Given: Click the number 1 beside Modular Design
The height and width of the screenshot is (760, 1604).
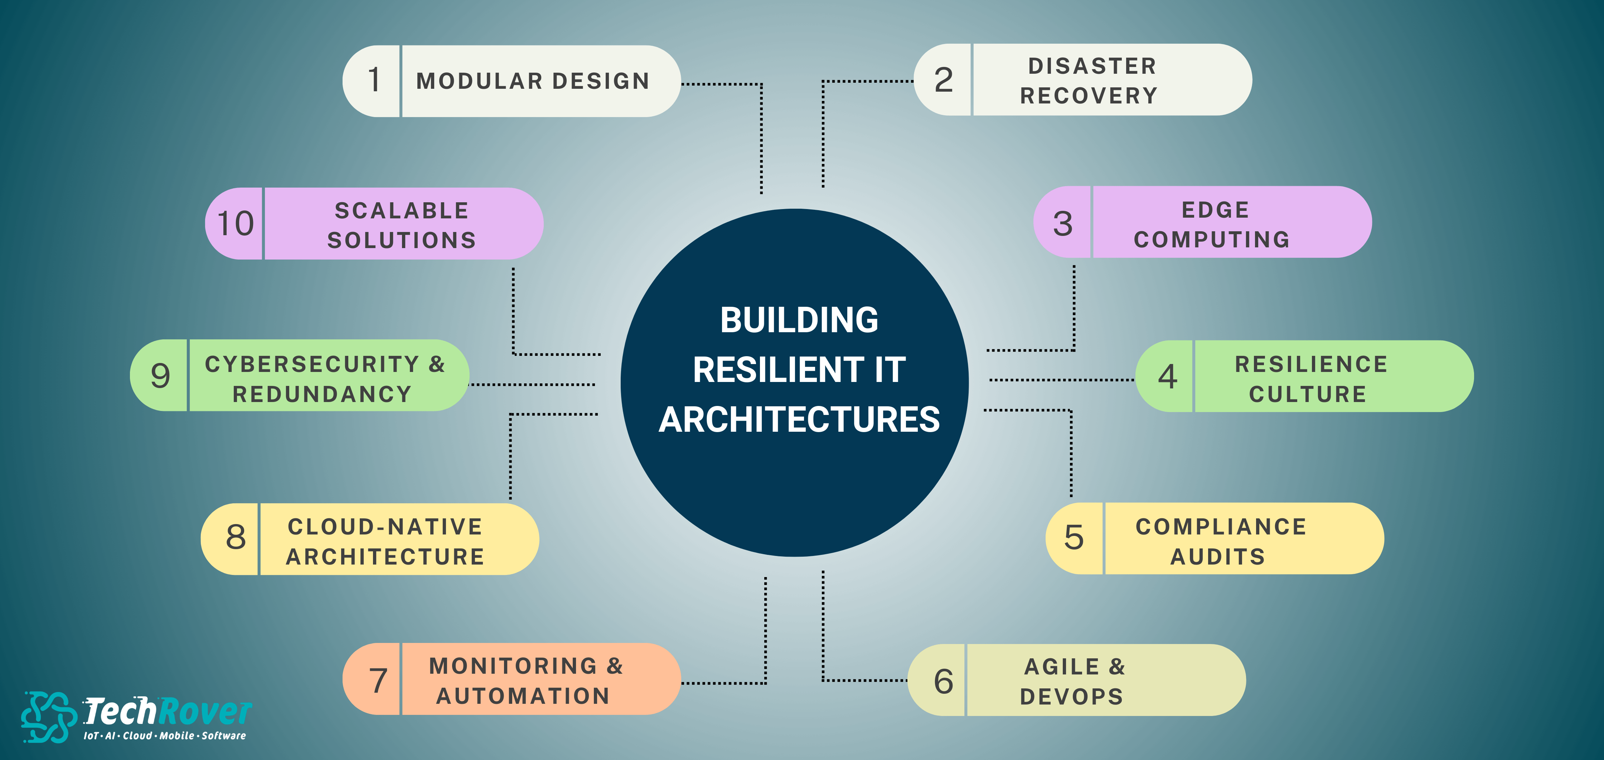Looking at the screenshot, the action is click(x=374, y=80).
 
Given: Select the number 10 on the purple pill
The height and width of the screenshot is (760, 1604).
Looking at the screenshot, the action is click(x=236, y=224).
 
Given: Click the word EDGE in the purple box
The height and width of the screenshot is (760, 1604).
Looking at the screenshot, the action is click(x=1216, y=210).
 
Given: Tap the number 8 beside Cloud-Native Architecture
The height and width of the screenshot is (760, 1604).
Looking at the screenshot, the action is click(x=236, y=537).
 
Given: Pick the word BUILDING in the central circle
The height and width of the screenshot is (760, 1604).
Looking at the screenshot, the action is click(x=800, y=320).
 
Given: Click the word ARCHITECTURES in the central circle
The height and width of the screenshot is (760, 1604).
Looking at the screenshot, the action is click(x=800, y=419).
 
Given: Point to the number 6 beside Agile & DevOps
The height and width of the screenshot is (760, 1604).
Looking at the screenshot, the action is click(x=943, y=681).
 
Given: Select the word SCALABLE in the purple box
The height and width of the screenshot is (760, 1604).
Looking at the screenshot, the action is click(x=402, y=210).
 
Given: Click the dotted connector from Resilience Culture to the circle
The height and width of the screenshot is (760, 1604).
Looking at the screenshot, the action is click(x=1062, y=379).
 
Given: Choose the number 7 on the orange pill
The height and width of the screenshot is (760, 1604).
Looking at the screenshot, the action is click(x=379, y=680).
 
